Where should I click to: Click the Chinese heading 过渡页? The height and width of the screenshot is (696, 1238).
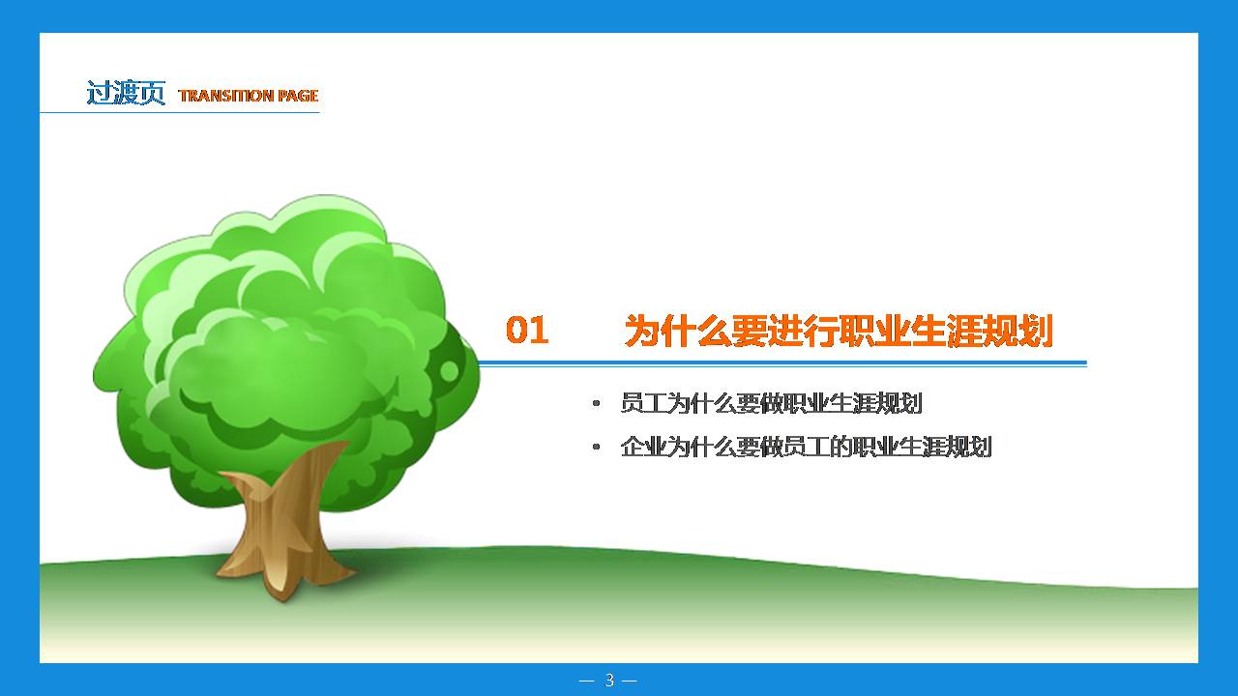pyautogui.click(x=126, y=94)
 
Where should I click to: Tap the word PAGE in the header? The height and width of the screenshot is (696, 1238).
pyautogui.click(x=298, y=96)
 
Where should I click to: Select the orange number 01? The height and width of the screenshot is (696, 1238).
pyautogui.click(x=527, y=331)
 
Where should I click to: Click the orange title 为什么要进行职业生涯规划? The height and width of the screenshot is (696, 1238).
pyautogui.click(x=838, y=331)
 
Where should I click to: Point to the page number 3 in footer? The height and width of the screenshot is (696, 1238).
pyautogui.click(x=608, y=681)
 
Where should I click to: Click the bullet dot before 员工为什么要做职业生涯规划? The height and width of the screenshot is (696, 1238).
pyautogui.click(x=596, y=404)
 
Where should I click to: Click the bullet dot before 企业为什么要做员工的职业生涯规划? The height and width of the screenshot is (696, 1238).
pyautogui.click(x=596, y=448)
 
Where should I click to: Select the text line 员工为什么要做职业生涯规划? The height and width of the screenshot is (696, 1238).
pyautogui.click(x=771, y=403)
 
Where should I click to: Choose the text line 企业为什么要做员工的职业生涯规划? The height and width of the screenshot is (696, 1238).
pyautogui.click(x=806, y=447)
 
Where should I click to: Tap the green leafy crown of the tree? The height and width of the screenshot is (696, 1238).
pyautogui.click(x=280, y=338)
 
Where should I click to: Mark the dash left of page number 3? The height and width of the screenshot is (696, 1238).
pyautogui.click(x=586, y=681)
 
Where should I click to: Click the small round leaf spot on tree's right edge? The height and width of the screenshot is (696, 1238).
pyautogui.click(x=450, y=371)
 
